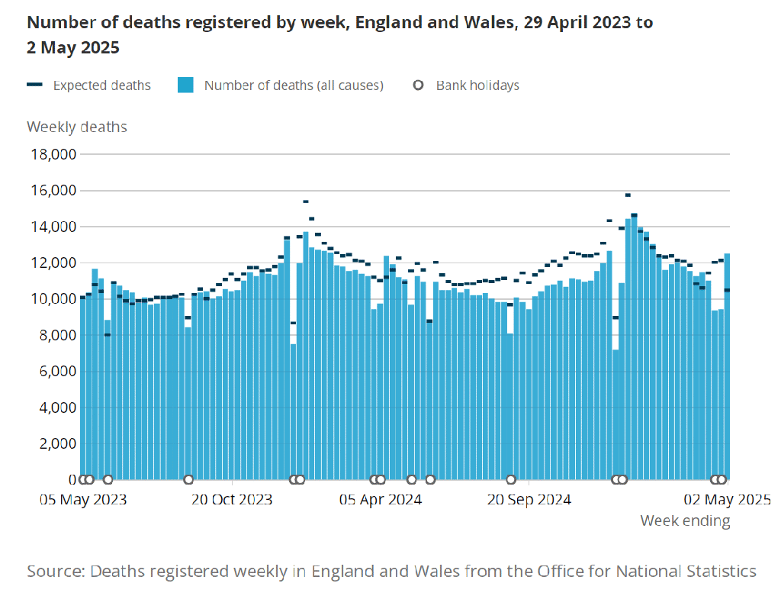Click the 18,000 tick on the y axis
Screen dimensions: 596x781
pos(52,154)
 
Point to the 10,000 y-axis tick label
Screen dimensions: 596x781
pos(52,299)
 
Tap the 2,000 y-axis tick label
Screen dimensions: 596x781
pos(56,444)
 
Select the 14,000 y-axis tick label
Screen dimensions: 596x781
pos(52,227)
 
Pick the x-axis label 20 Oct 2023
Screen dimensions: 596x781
pos(231,500)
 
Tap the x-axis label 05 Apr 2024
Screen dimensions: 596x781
pos(381,500)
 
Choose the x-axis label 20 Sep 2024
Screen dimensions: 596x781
pos(529,500)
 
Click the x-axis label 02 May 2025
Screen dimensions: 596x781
pos(727,500)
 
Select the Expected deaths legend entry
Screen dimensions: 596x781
pos(101,85)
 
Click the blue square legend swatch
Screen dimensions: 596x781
pos(185,85)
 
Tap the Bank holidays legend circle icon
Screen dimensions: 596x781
pos(418,85)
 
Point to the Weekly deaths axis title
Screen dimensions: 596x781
pos(77,127)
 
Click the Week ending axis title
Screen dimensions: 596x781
pos(685,521)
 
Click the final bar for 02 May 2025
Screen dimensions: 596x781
pos(727,366)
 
